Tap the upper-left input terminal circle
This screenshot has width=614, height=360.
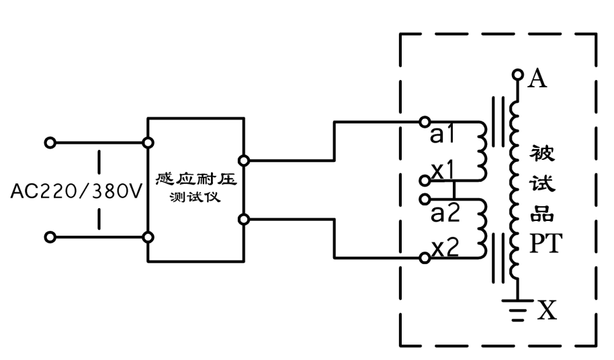(x=48, y=143)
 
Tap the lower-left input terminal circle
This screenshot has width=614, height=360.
(x=48, y=237)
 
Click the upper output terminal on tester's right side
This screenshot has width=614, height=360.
(x=243, y=161)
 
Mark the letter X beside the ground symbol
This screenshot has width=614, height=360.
(x=548, y=310)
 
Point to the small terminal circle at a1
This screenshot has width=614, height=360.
(x=424, y=122)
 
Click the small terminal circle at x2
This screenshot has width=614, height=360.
(x=424, y=258)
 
